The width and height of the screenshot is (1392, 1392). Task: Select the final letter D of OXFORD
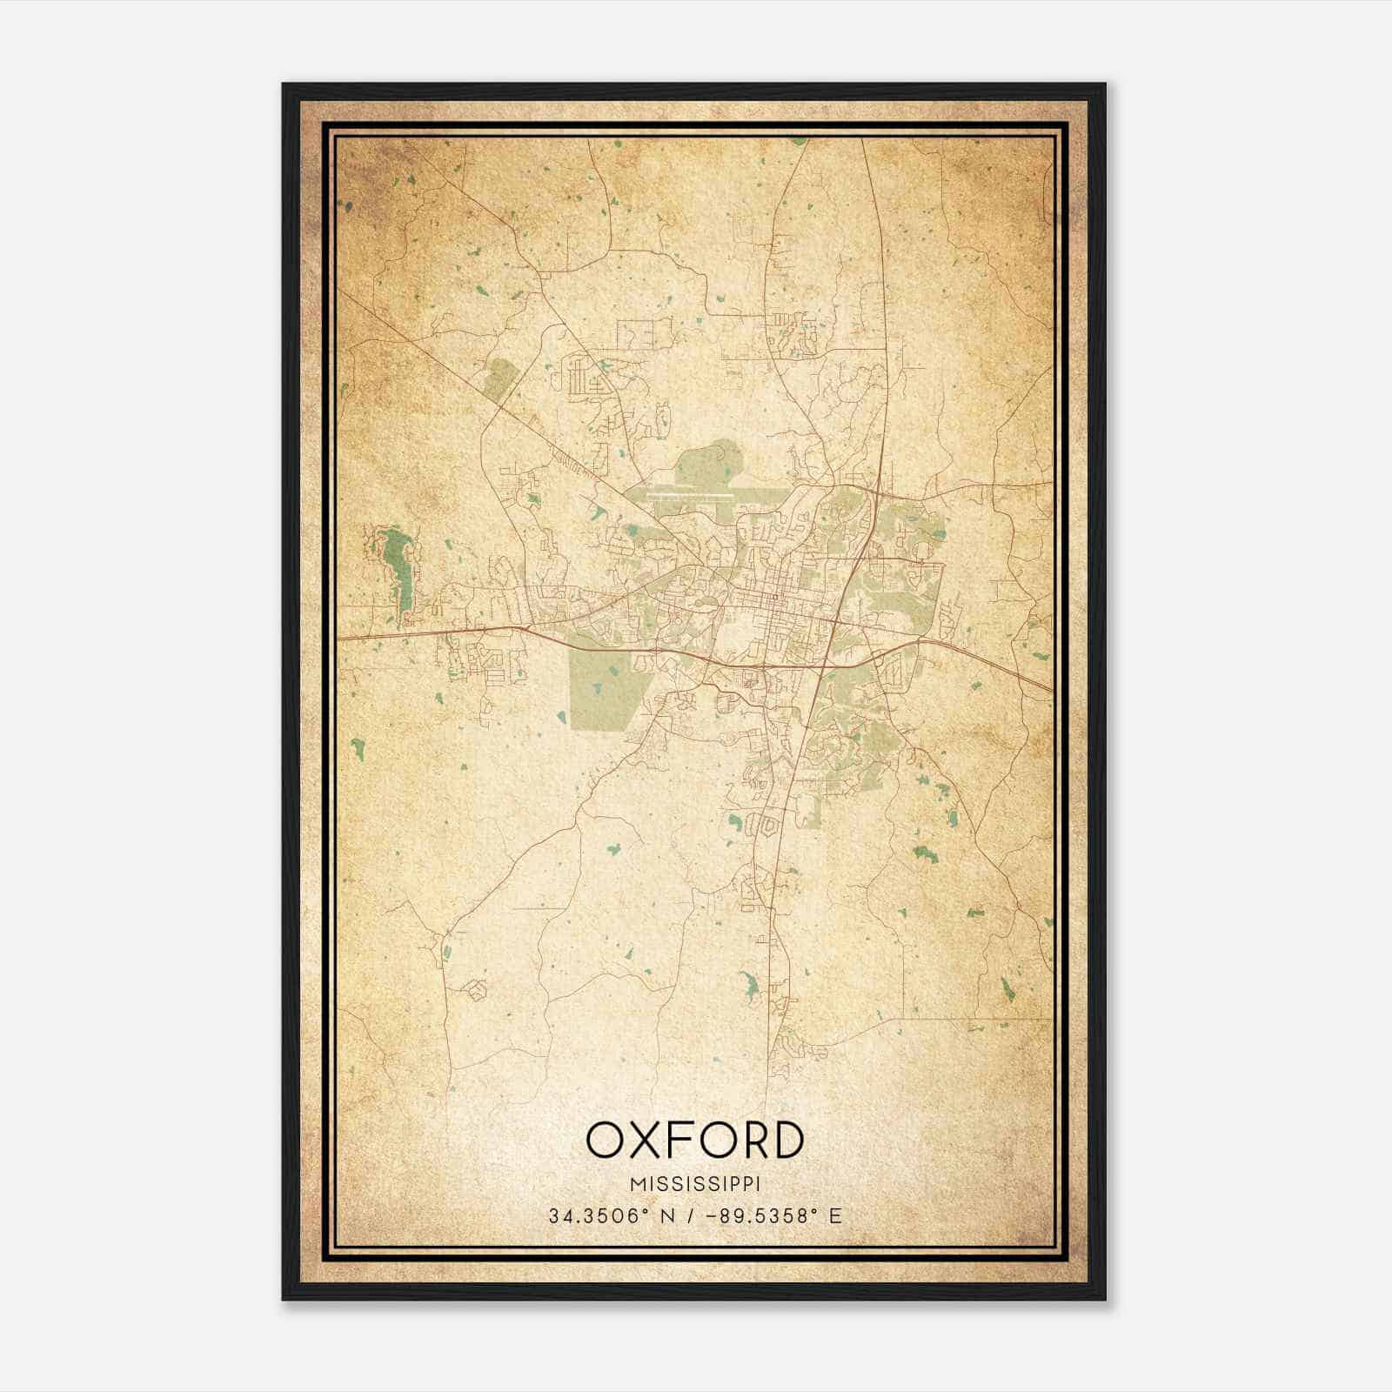point(786,1141)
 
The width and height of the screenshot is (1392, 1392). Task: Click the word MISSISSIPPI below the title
point(695,1184)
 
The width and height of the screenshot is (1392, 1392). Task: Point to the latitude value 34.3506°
point(601,1216)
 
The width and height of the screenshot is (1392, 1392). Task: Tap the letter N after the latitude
point(668,1216)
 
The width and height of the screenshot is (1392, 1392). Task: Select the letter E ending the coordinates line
point(835,1216)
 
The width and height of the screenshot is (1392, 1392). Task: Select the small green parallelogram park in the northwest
point(499,379)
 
